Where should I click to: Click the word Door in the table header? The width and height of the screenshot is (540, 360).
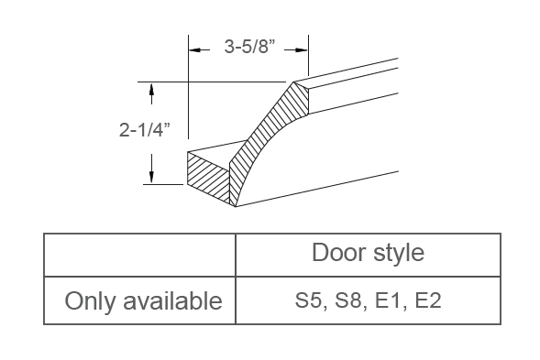338,252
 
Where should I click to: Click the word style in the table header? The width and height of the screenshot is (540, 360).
395,252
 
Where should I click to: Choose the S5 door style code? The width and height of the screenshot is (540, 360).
307,300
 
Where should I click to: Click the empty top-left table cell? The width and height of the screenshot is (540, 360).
139,254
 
